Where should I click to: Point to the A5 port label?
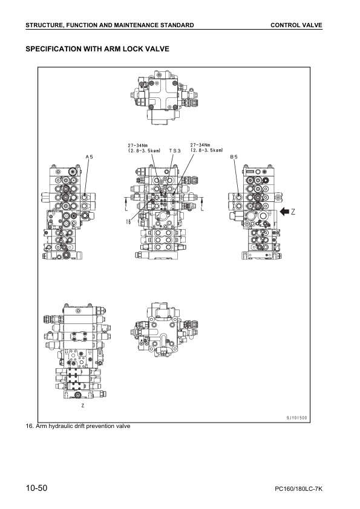(x=89, y=157)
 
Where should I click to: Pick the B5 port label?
(x=234, y=157)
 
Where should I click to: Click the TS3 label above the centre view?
(x=175, y=150)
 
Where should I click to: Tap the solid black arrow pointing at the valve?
(x=284, y=212)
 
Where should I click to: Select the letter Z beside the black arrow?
(x=293, y=212)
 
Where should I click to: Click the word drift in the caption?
(x=79, y=427)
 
